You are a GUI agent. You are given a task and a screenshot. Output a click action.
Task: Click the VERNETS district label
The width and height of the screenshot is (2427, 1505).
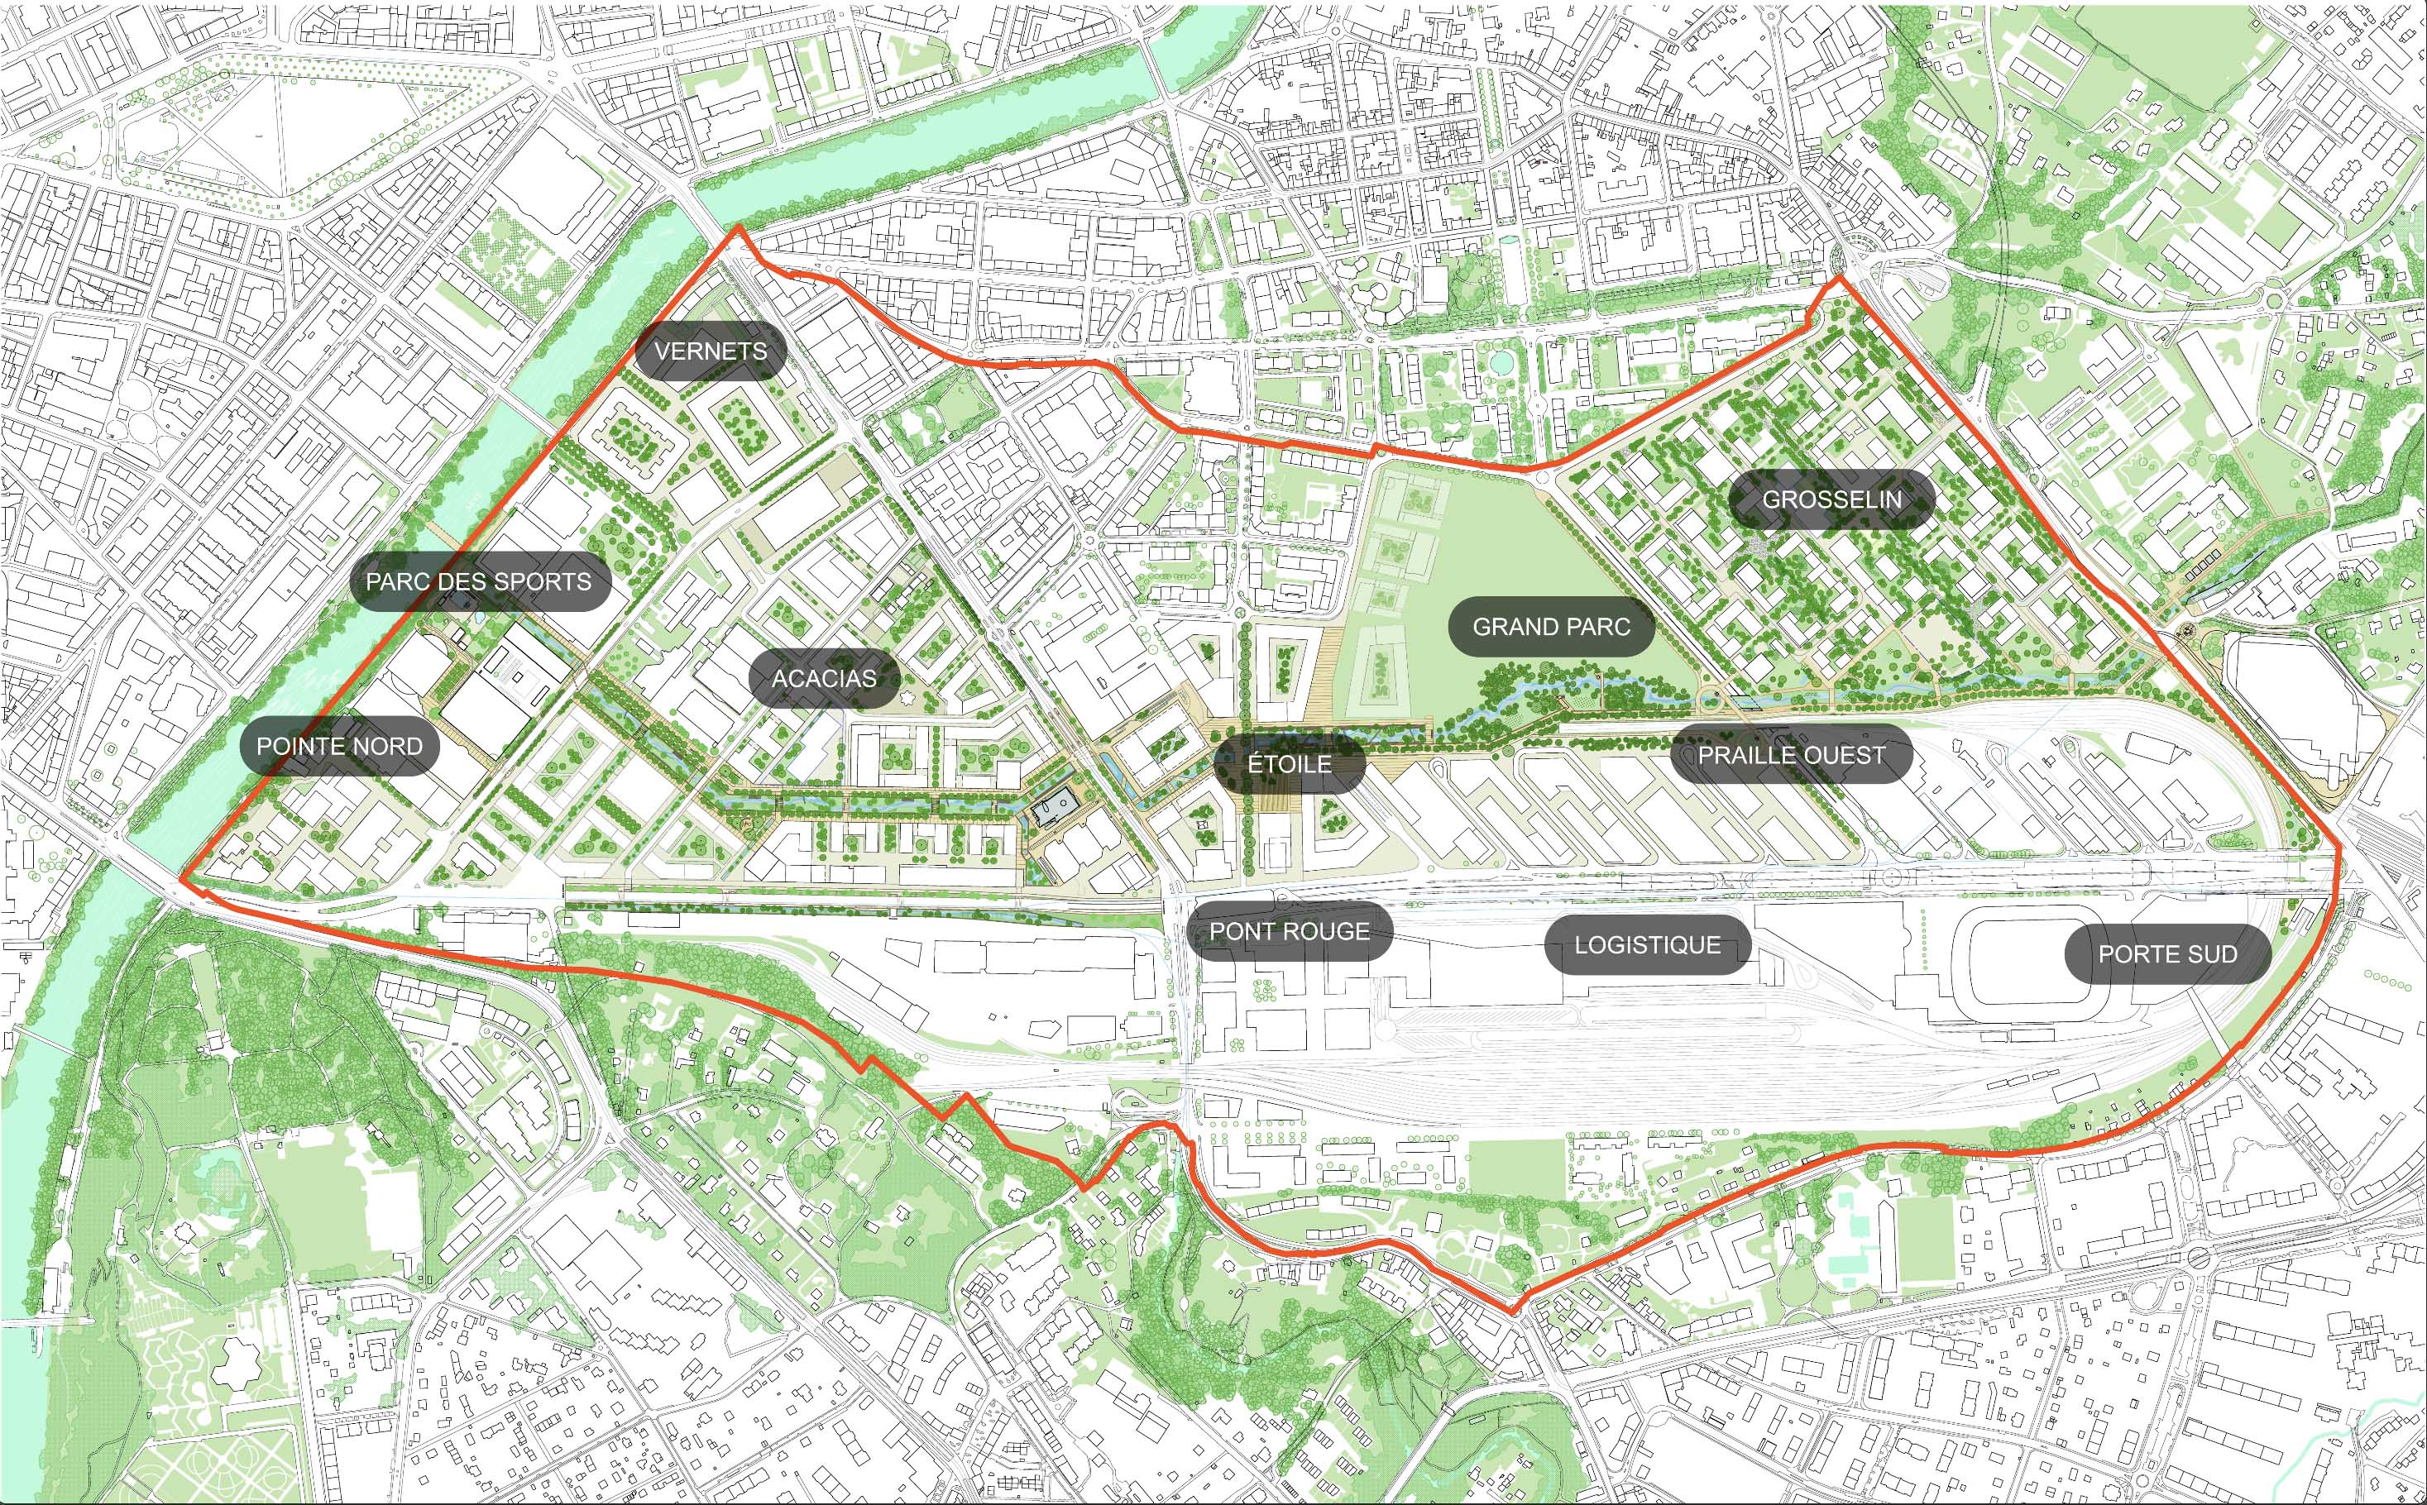(711, 351)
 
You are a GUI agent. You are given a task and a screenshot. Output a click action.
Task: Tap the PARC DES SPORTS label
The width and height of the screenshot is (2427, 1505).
(479, 582)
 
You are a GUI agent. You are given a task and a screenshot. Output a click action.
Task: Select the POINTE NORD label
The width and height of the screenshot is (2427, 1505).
(339, 747)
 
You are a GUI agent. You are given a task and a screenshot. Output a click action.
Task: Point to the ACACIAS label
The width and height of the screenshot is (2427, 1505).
(824, 679)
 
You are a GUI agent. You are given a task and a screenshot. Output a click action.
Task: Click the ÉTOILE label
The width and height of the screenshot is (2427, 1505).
(1289, 764)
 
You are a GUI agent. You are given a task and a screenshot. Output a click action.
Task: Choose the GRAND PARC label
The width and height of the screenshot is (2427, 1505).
(1551, 627)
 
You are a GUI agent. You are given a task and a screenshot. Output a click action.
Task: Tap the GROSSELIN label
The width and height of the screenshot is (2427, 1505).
(1831, 499)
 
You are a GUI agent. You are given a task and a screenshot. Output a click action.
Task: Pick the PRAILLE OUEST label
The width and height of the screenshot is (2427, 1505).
(1791, 756)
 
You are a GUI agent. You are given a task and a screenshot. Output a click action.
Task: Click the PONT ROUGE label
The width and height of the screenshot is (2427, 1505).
(1289, 932)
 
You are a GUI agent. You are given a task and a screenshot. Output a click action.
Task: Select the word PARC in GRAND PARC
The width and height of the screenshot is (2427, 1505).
(1596, 627)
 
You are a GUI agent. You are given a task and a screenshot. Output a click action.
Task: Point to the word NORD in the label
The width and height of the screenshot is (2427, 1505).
(386, 747)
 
